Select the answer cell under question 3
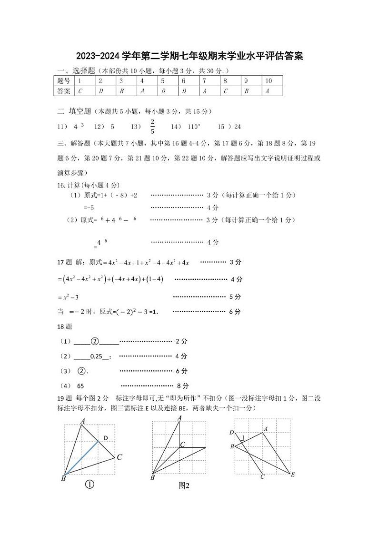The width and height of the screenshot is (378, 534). click(x=122, y=91)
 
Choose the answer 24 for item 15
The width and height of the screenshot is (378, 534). click(x=238, y=127)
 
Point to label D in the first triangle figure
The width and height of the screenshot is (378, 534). click(x=106, y=438)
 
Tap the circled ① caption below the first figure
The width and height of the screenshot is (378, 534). click(x=89, y=485)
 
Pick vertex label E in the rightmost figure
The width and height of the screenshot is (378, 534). click(x=293, y=475)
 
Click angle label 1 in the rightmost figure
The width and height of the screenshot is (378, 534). click(x=243, y=437)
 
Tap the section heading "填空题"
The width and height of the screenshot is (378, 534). click(x=80, y=111)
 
